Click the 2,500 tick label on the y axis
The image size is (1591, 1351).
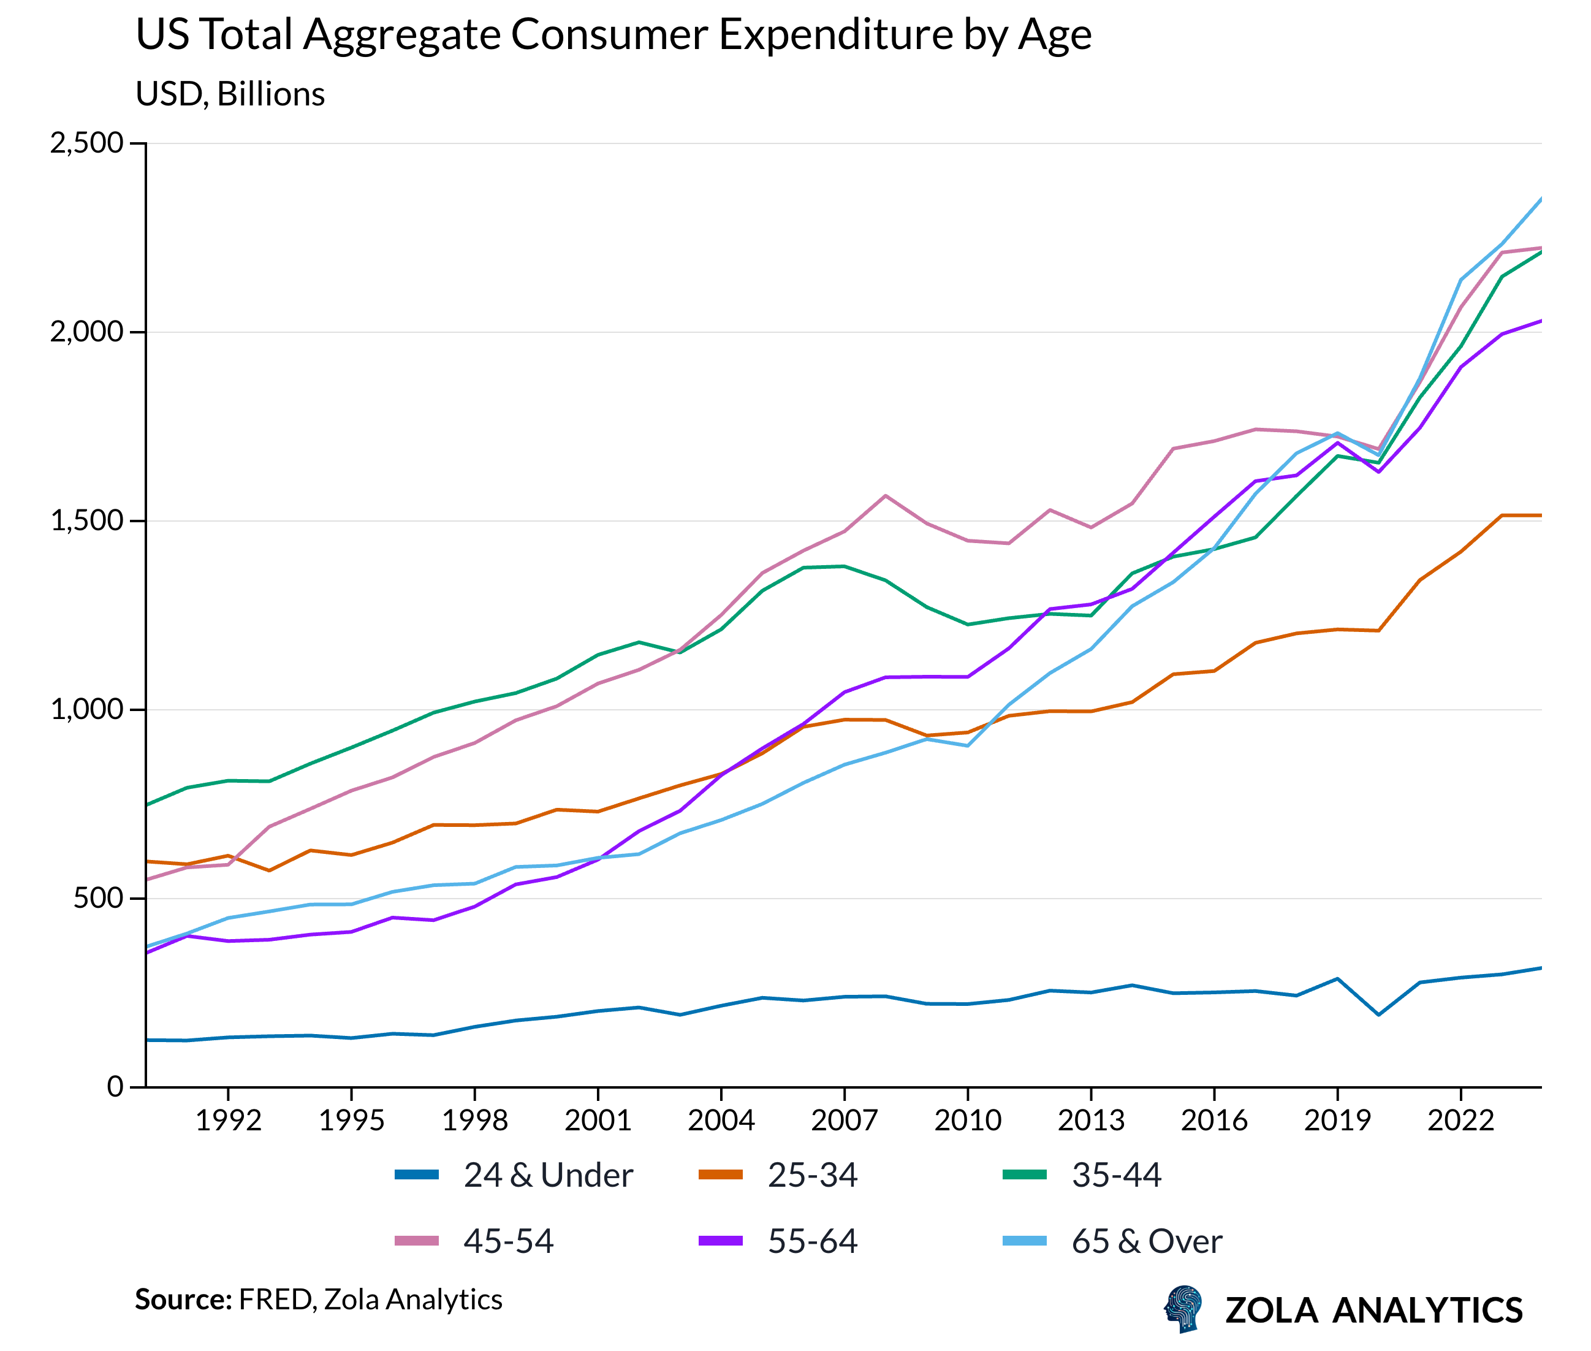[86, 143]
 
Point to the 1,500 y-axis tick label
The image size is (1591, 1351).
[86, 521]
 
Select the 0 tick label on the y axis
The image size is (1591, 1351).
[115, 1086]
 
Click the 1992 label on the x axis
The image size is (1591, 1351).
[228, 1121]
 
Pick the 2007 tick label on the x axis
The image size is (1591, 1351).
[844, 1121]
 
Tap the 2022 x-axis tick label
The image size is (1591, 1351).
[1460, 1121]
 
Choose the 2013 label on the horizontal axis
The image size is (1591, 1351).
[1090, 1121]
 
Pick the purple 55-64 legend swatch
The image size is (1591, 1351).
[721, 1241]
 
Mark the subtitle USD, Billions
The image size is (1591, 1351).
[230, 94]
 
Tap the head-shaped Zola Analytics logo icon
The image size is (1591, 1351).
[1183, 1308]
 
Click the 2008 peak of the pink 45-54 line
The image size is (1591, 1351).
[885, 495]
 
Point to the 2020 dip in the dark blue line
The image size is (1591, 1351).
[1378, 1014]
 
